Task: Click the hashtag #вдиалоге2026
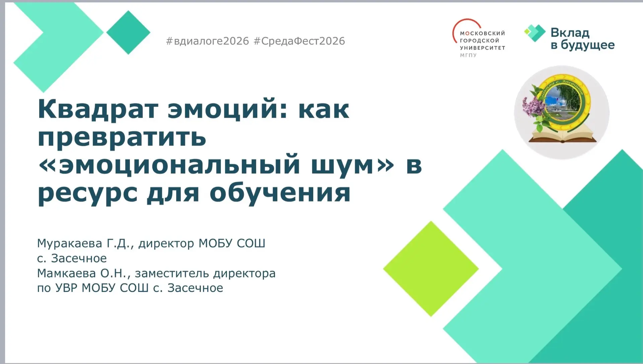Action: coord(208,41)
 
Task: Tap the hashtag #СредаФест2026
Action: coord(299,41)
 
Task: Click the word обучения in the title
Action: coord(280,194)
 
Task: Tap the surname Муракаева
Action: coord(70,243)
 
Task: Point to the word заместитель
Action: coord(172,273)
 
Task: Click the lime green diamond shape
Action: coord(431,269)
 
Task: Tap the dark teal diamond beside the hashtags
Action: coord(128,32)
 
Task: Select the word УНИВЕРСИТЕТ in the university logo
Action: coord(483,48)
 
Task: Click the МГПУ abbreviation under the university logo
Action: coord(468,55)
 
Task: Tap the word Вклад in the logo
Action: coord(570,32)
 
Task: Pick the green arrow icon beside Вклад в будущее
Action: coord(535,33)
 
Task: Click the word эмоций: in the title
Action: coord(227,109)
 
